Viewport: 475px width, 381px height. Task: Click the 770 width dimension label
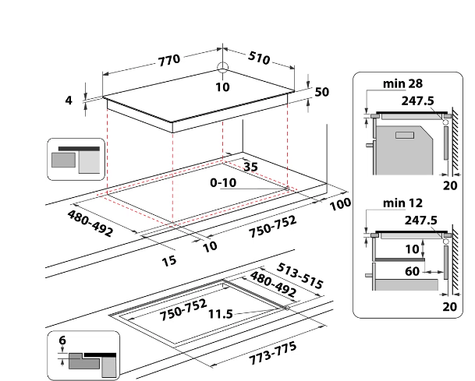click(x=169, y=59)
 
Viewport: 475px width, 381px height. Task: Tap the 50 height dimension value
click(x=322, y=92)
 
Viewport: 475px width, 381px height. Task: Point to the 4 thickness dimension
click(x=69, y=100)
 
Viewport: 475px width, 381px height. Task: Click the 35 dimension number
click(x=250, y=167)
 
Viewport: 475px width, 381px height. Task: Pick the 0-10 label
click(x=223, y=182)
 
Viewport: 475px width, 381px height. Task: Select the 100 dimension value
click(x=340, y=205)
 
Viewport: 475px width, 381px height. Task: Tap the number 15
click(x=168, y=260)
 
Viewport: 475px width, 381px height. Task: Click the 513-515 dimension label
click(x=300, y=269)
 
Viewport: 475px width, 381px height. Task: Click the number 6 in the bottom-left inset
click(x=62, y=340)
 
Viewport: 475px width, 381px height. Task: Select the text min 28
click(x=402, y=83)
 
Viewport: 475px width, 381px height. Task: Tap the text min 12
click(x=402, y=203)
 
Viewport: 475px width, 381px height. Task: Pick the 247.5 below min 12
click(x=420, y=220)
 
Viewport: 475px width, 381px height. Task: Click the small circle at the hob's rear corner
click(x=222, y=67)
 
